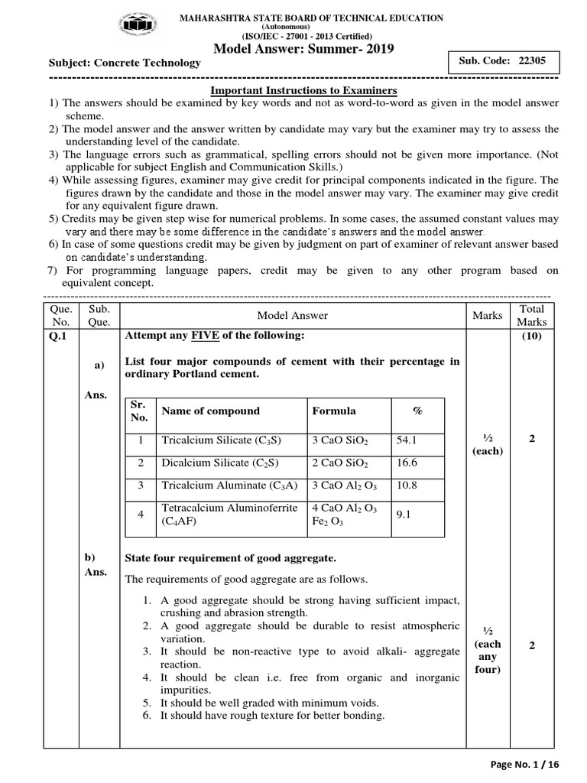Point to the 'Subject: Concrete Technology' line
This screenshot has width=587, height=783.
click(125, 63)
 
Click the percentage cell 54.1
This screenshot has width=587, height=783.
click(417, 440)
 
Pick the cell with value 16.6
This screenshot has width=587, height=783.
click(417, 463)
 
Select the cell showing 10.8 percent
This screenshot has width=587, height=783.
click(417, 486)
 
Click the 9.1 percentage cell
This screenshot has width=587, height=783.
click(417, 515)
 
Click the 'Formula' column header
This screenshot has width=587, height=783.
click(334, 411)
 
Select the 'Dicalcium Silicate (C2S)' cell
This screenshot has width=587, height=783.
click(217, 463)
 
